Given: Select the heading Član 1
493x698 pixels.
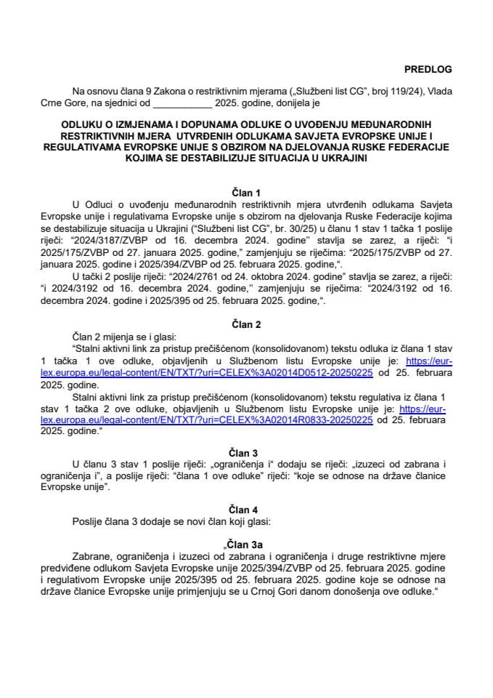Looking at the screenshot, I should (246, 193).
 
